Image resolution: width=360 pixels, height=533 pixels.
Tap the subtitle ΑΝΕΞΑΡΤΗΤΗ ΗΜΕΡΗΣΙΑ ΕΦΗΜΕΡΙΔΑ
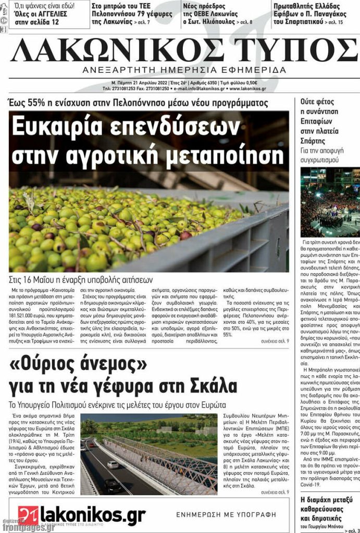pyautogui.click(x=184, y=70)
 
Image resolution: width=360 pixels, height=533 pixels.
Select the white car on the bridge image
pyautogui.click(x=113, y=464)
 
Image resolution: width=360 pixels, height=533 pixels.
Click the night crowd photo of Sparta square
pyautogui.click(x=330, y=202)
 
